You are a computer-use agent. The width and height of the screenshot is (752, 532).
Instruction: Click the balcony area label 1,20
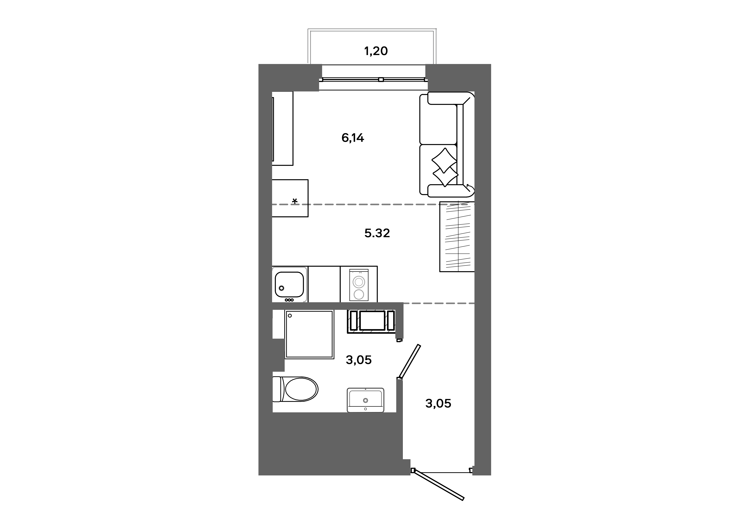pyautogui.click(x=376, y=51)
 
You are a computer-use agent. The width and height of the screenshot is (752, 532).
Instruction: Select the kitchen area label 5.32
pyautogui.click(x=377, y=233)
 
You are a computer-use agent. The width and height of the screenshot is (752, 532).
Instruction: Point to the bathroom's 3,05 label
pyautogui.click(x=359, y=360)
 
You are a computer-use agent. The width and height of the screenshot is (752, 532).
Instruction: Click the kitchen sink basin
pyautogui.click(x=289, y=284)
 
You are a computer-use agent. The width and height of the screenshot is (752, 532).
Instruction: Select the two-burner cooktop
pyautogui.click(x=359, y=285)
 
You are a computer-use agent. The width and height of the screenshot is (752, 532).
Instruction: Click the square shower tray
pyautogui.click(x=309, y=334)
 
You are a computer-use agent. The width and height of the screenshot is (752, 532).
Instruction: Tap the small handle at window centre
pyautogui.click(x=381, y=79)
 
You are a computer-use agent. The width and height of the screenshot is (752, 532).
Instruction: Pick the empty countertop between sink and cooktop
pyautogui.click(x=324, y=284)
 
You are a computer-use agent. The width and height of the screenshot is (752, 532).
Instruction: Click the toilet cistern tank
pyautogui.click(x=277, y=389)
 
